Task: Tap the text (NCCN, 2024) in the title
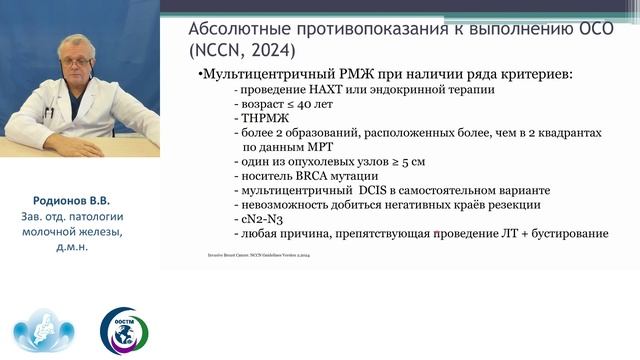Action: click(244, 46)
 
